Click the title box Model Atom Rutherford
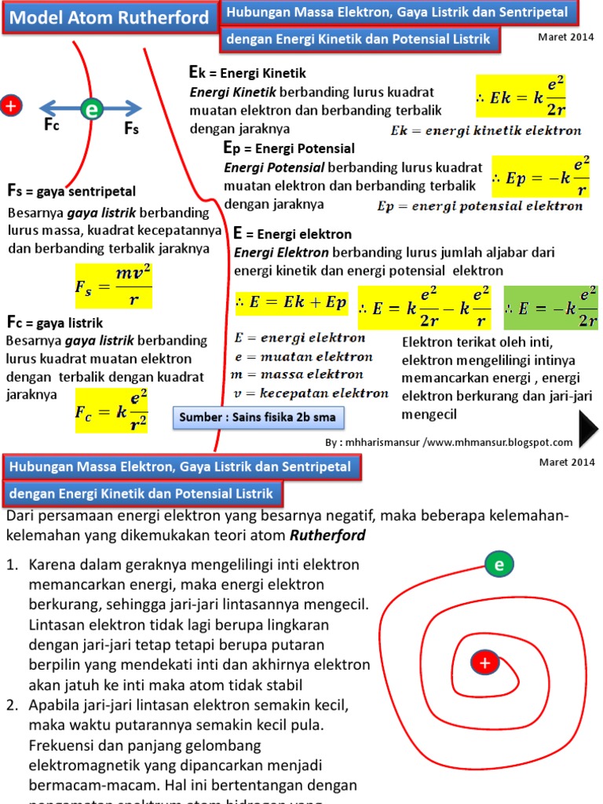[x=110, y=18]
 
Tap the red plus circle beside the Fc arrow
[x=10, y=105]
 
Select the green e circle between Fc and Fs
[x=92, y=110]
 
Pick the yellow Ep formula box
[x=541, y=177]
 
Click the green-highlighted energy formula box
[x=549, y=308]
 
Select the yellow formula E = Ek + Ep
[x=291, y=303]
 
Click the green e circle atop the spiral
[x=499, y=564]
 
